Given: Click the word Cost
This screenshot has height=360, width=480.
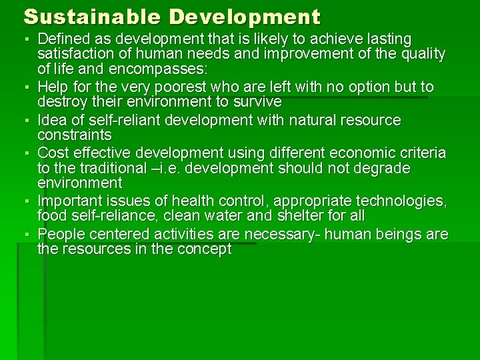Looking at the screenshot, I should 52,153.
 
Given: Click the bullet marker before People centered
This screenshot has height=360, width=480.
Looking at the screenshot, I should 30,235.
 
